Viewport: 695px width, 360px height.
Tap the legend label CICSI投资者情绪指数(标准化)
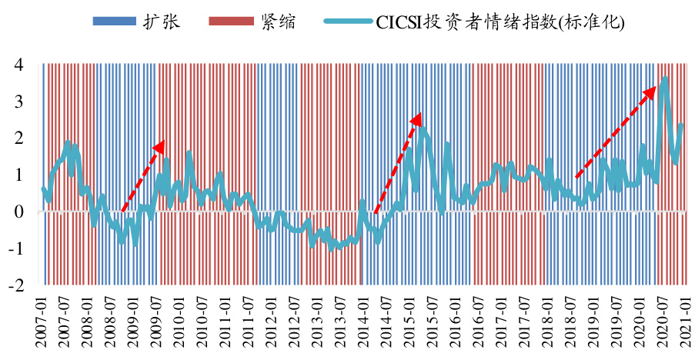[500, 22]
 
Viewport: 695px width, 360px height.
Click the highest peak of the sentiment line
[665, 78]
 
